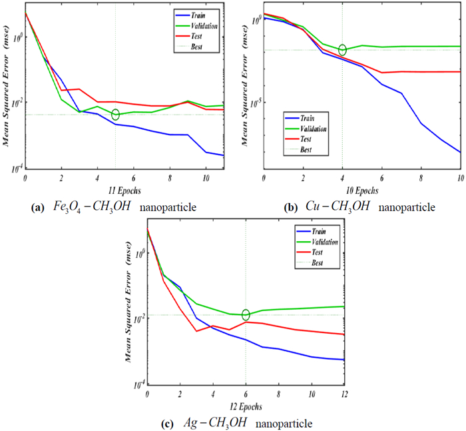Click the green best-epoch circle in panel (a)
(x=115, y=115)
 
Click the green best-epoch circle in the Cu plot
(x=342, y=50)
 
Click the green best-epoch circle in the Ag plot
(x=246, y=315)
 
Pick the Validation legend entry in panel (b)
(x=314, y=129)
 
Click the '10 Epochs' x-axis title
(x=362, y=190)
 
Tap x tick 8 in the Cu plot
(x=421, y=180)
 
